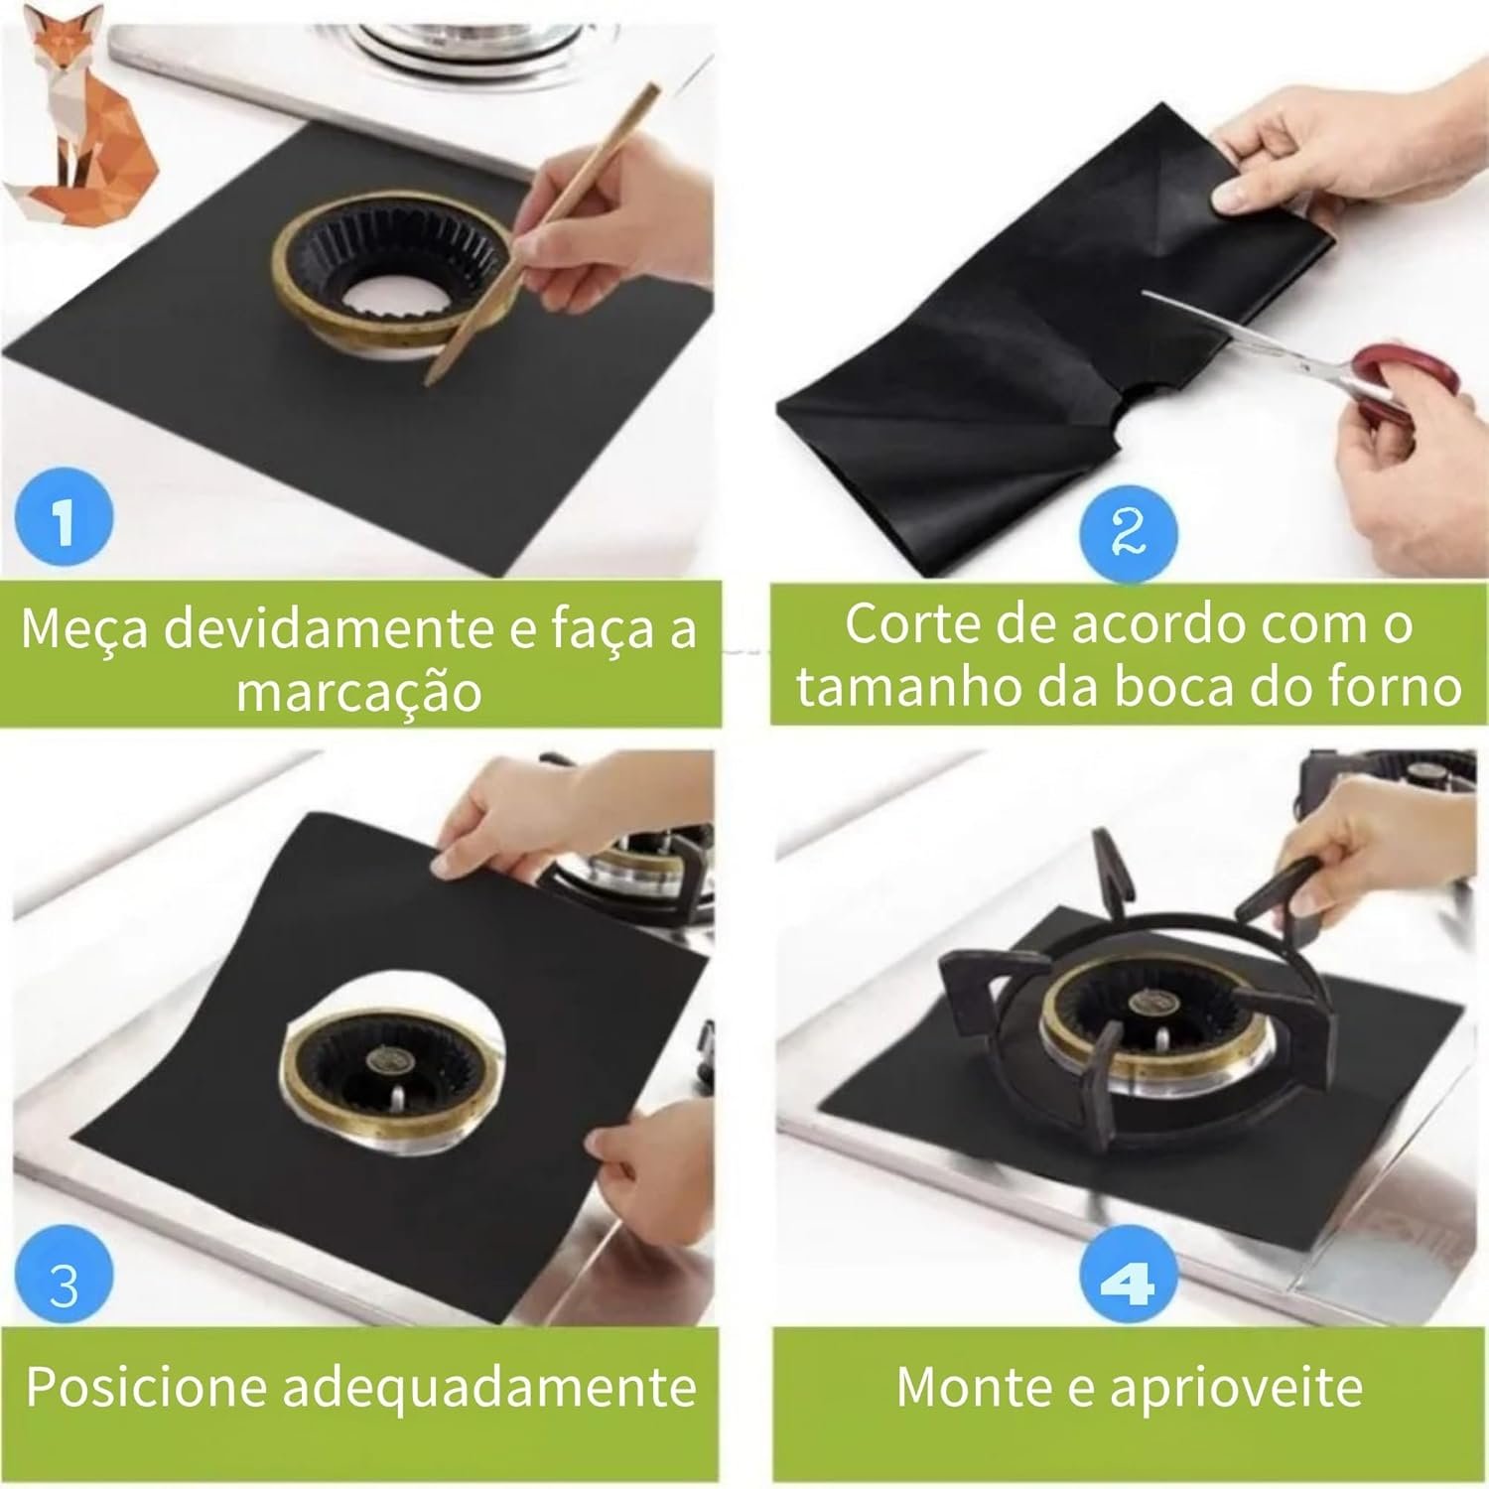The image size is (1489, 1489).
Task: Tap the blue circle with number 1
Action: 65,518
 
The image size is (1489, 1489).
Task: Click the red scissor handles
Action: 1405,381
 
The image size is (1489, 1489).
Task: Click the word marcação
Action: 359,692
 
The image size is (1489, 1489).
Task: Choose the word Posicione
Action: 146,1386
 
